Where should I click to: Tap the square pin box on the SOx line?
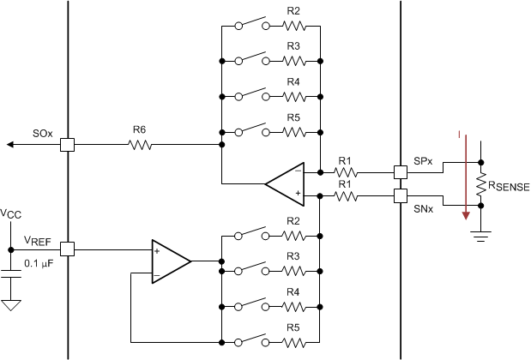point(67,145)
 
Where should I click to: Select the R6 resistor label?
point(139,130)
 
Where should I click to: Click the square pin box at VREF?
point(67,249)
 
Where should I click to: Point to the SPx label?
point(422,161)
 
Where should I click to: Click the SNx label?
point(422,207)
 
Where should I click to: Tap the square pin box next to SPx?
point(400,171)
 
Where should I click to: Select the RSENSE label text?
point(510,185)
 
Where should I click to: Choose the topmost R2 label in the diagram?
point(293,11)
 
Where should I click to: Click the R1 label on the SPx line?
point(345,160)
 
